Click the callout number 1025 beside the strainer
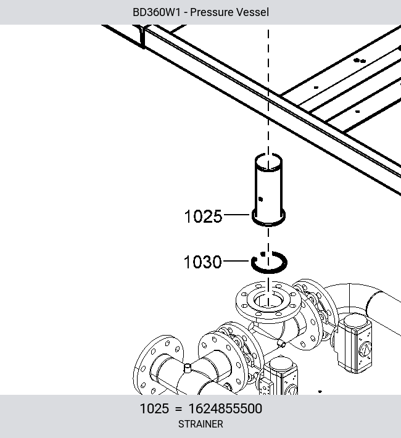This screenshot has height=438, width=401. [203, 217]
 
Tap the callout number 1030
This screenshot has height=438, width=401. [202, 262]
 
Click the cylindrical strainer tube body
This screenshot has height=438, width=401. [268, 190]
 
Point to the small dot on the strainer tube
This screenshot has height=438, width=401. [260, 199]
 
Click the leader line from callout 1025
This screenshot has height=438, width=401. [236, 215]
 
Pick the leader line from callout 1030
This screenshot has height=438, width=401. [236, 261]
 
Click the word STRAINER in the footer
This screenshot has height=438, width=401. [200, 424]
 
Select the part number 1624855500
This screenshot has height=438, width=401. [225, 408]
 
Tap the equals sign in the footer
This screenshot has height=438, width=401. [178, 409]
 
